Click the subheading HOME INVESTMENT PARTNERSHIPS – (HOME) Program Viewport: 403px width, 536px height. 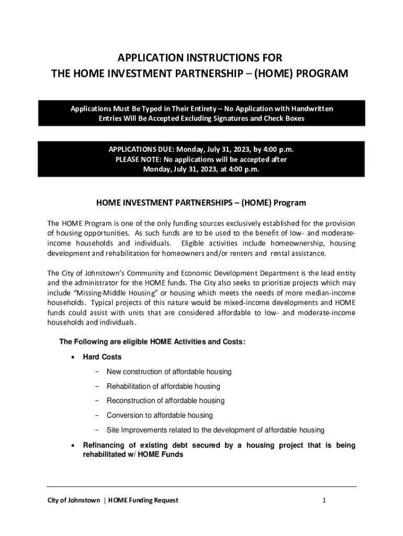(201, 203)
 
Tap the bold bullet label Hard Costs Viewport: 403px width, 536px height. (103, 357)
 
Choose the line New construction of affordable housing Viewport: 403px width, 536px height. (169, 372)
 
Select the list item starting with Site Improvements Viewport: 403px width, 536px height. (216, 430)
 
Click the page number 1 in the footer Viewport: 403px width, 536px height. (324, 500)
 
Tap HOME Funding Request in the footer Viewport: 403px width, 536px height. (142, 500)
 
